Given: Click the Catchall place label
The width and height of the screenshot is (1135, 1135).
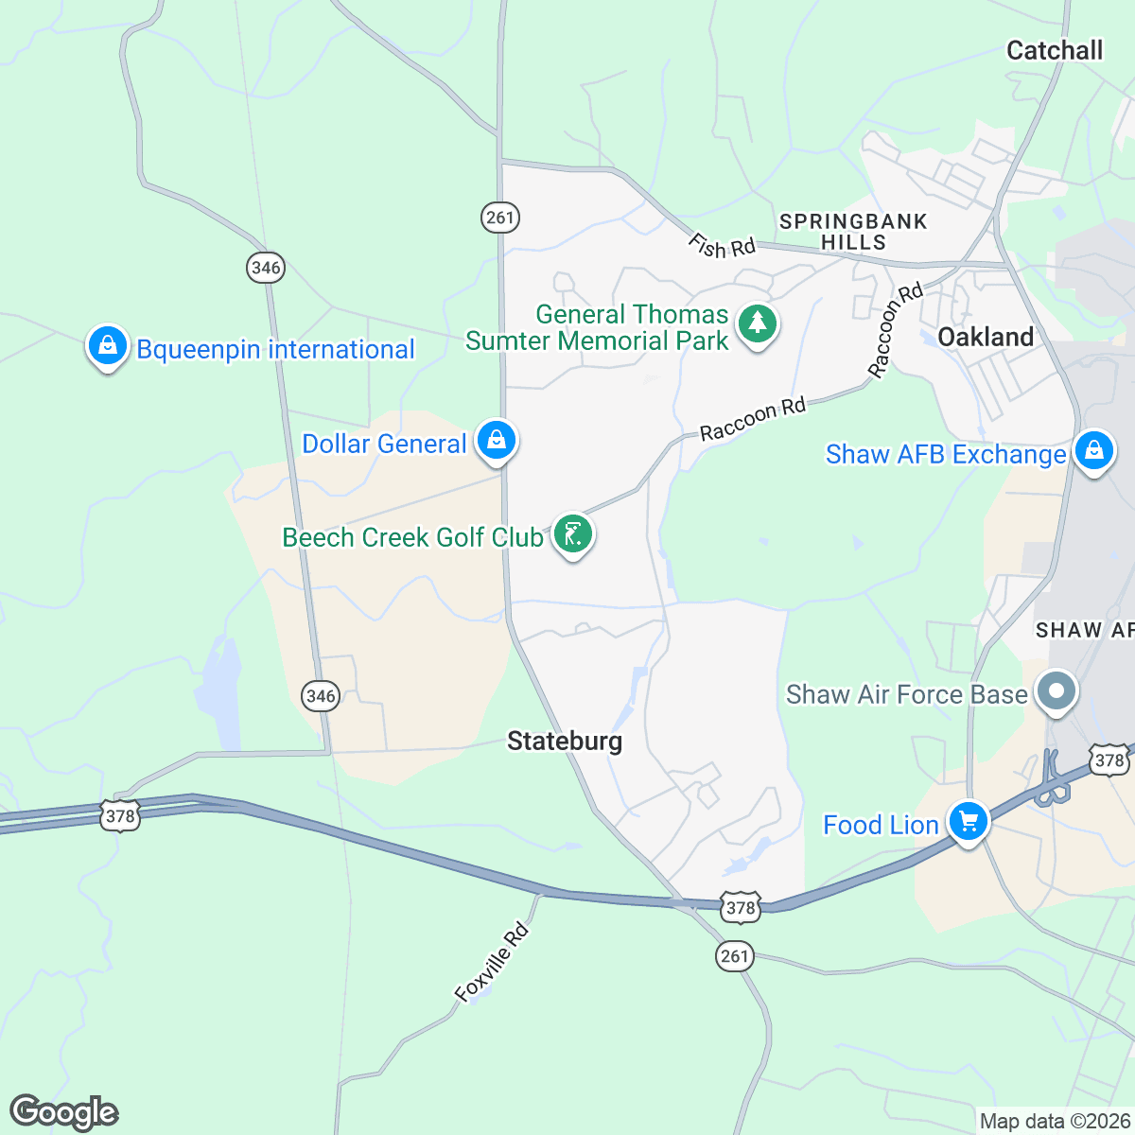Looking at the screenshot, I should tap(1054, 50).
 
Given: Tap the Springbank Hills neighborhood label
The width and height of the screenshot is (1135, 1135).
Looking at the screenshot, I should tap(853, 232).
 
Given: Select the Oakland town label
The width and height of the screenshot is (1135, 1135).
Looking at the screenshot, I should tap(985, 337).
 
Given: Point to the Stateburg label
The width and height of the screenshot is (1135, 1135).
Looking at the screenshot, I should tap(565, 741).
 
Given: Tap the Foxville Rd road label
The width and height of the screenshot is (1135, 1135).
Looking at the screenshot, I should tap(491, 962).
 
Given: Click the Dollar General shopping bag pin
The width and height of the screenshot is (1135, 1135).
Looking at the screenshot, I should tap(496, 440).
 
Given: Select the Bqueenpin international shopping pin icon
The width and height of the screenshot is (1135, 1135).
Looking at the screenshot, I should tap(108, 346).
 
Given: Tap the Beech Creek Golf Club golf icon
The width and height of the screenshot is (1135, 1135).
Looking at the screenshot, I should tap(572, 534).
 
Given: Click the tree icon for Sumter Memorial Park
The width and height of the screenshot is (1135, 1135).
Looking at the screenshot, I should tap(757, 324).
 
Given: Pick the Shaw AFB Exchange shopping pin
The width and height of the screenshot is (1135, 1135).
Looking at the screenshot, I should tap(1093, 451).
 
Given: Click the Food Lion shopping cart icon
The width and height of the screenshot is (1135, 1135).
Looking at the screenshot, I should tap(968, 822).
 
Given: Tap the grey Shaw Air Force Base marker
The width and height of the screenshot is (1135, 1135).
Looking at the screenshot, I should tap(1056, 691).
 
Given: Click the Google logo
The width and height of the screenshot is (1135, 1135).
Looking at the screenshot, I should tap(63, 1112).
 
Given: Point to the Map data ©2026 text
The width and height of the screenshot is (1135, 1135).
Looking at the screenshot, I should tap(1055, 1121).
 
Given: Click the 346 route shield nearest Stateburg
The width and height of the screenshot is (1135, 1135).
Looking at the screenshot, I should tap(322, 697).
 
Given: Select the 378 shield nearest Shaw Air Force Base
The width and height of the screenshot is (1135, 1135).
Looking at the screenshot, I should tap(1108, 760).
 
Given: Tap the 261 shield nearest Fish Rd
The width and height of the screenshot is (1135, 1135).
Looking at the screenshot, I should tap(499, 218).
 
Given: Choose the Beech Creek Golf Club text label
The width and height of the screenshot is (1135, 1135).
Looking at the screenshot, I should tap(412, 537).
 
